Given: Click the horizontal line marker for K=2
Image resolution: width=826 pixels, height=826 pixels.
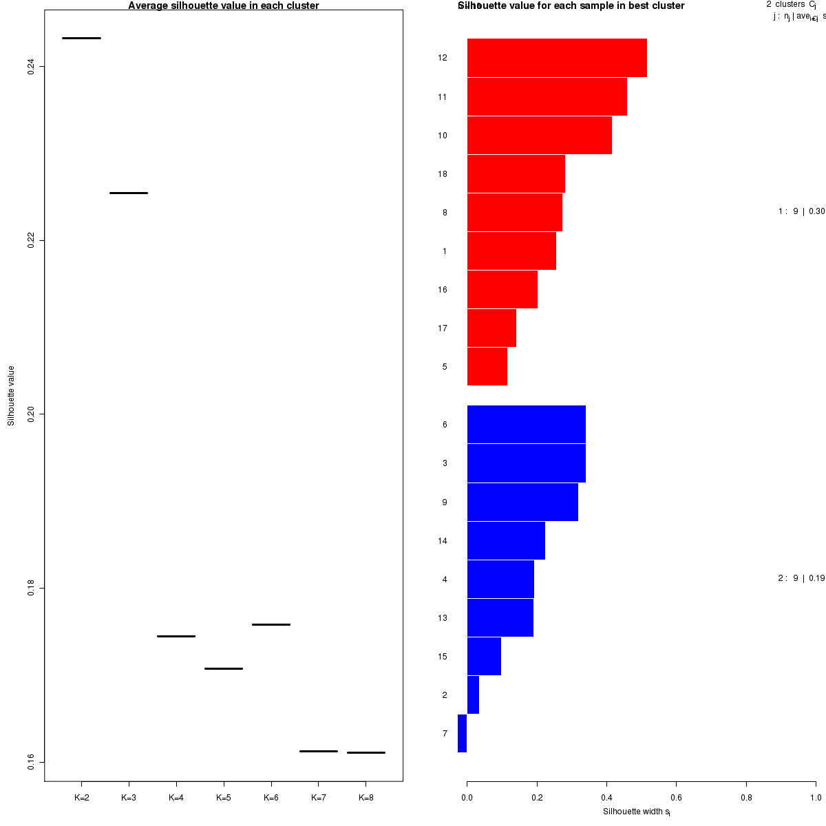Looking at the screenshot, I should pyautogui.click(x=81, y=38).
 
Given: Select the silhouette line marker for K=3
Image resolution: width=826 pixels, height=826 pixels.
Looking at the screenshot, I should pyautogui.click(x=129, y=193).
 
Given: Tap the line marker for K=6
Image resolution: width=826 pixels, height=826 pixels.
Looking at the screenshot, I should pyautogui.click(x=271, y=624).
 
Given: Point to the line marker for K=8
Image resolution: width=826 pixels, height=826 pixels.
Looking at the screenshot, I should pyautogui.click(x=366, y=752).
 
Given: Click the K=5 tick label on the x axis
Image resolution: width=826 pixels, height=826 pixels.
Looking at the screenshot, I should pyautogui.click(x=224, y=798).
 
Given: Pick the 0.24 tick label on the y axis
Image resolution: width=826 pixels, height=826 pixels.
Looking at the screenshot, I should pyautogui.click(x=31, y=66).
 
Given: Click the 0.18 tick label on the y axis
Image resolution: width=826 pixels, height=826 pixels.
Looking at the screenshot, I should pyautogui.click(x=31, y=588).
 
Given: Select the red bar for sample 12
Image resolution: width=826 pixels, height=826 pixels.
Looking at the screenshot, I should pyautogui.click(x=557, y=58).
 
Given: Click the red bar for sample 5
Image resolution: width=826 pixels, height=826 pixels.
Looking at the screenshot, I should pyautogui.click(x=487, y=366).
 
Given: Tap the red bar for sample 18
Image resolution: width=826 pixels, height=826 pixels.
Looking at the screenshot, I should pyautogui.click(x=516, y=173).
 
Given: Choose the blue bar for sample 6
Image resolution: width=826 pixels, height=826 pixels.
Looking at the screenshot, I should pyautogui.click(x=526, y=424).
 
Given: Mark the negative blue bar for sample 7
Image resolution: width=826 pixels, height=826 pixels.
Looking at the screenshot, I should pyautogui.click(x=462, y=733).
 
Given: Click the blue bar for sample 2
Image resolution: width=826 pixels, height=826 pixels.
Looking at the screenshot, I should pyautogui.click(x=473, y=695).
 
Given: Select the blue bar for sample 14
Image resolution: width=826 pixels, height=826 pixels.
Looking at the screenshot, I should pyautogui.click(x=506, y=540).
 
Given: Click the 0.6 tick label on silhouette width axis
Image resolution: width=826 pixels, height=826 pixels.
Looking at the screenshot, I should pyautogui.click(x=676, y=798).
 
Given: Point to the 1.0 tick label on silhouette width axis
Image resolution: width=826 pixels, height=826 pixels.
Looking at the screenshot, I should pyautogui.click(x=815, y=798).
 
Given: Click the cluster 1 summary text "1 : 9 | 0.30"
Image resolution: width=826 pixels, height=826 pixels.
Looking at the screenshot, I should pyautogui.click(x=801, y=211).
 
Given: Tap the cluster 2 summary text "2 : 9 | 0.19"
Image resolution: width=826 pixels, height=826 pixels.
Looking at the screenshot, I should pyautogui.click(x=801, y=578).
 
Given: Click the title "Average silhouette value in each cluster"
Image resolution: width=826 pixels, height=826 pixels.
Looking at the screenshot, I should pyautogui.click(x=224, y=6).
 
